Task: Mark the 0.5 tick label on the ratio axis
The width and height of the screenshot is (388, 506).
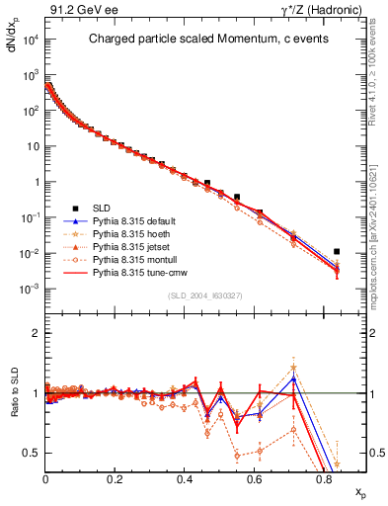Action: [x=32, y=453]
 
